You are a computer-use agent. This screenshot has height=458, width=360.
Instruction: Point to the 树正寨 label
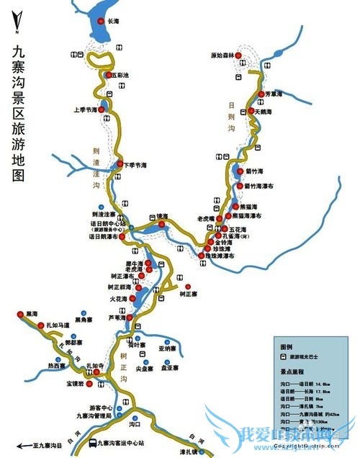(x=188, y=295)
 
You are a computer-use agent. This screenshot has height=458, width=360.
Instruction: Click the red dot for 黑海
(x=19, y=315)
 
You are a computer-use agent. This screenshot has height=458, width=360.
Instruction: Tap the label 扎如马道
(x=57, y=325)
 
